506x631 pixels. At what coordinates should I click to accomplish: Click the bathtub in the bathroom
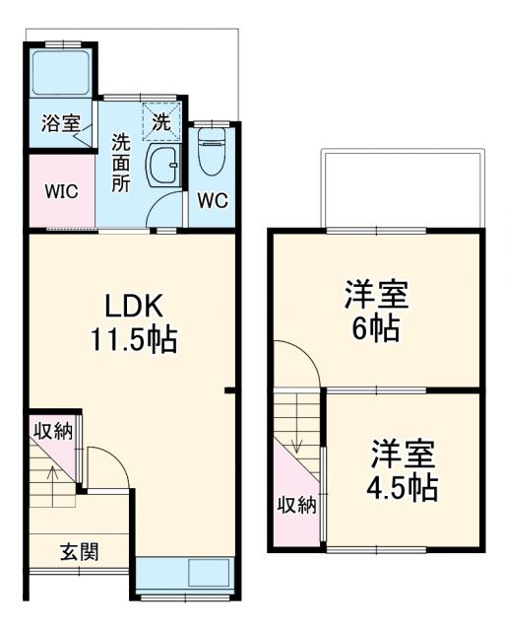pyautogui.click(x=61, y=71)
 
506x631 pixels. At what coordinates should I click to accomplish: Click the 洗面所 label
pyautogui.click(x=121, y=162)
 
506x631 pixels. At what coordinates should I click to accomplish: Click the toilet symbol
pyautogui.click(x=212, y=154)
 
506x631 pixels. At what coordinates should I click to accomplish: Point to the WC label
pyautogui.click(x=212, y=200)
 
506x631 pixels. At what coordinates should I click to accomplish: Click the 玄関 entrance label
pyautogui.click(x=78, y=553)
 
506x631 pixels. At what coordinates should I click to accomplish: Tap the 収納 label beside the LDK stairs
pyautogui.click(x=53, y=431)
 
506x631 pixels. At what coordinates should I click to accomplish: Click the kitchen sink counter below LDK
pyautogui.click(x=185, y=574)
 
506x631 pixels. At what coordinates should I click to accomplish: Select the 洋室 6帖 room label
pyautogui.click(x=375, y=312)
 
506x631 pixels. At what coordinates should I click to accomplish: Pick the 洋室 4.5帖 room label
pyautogui.click(x=404, y=471)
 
